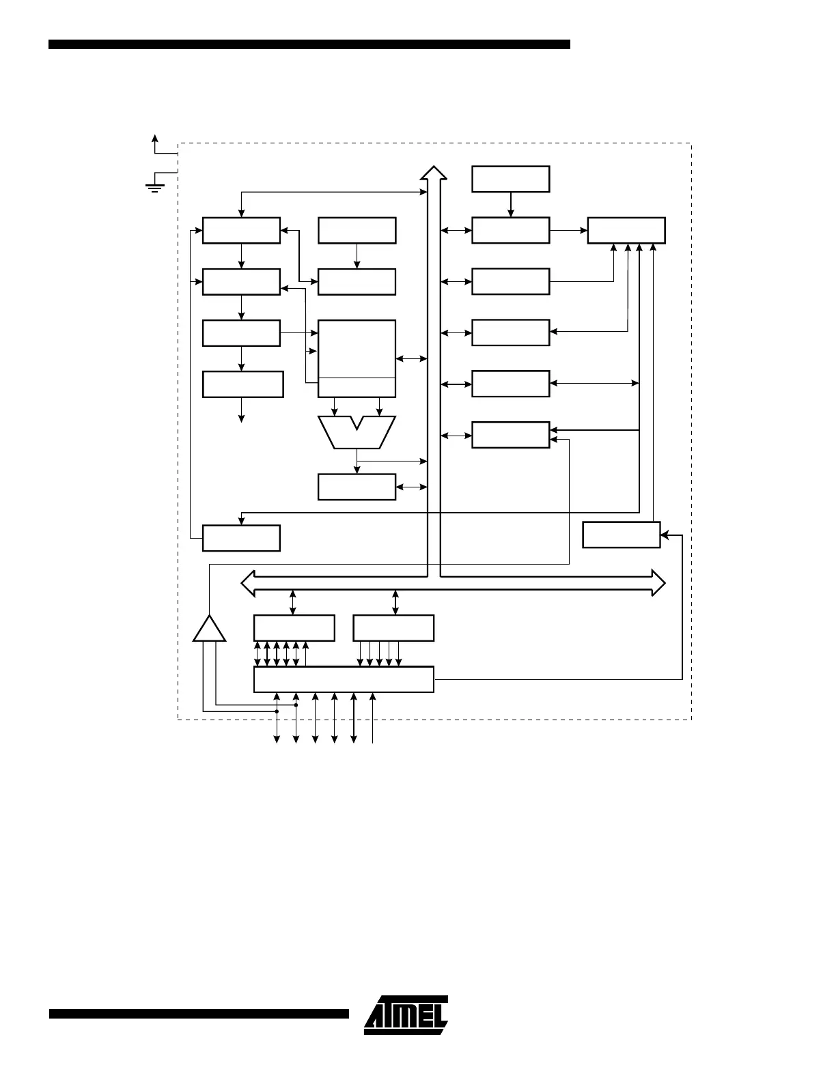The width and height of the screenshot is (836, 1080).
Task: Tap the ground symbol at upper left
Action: tap(155, 186)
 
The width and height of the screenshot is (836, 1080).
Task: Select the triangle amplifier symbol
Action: tap(209, 629)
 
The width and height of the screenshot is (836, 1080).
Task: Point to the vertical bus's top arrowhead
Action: tap(433, 172)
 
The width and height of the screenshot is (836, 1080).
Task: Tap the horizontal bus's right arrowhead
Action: tap(658, 582)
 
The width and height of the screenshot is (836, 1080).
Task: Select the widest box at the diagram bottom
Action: tap(344, 679)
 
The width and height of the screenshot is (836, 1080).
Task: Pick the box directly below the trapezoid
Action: tap(357, 487)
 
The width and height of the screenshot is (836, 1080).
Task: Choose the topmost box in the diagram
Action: tap(510, 179)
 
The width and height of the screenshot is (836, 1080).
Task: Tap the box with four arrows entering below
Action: tap(626, 230)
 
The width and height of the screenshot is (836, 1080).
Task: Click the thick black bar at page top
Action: tap(309, 44)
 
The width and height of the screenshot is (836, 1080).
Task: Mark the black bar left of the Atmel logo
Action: tap(199, 1014)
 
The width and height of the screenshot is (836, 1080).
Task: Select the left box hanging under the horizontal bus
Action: tap(294, 627)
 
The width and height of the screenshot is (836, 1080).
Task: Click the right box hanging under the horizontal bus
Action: tap(393, 627)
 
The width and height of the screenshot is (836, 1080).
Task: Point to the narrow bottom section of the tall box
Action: tap(357, 387)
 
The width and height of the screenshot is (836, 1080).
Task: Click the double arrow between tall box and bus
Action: tap(411, 358)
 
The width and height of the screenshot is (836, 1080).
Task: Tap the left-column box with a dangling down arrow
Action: tap(242, 384)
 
